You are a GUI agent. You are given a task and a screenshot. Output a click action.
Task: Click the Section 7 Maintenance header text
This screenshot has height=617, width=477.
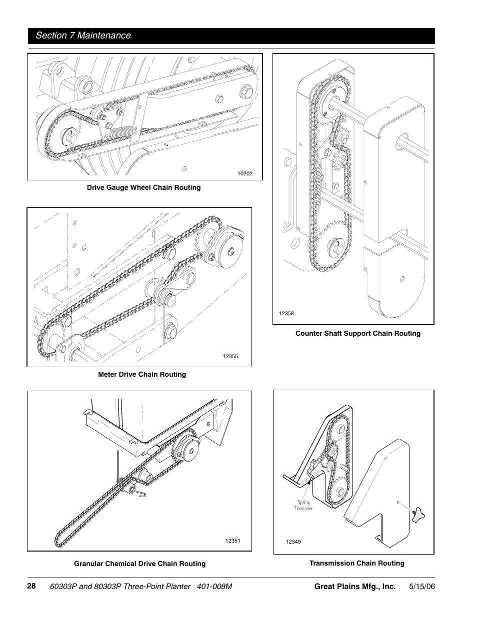pyautogui.click(x=83, y=35)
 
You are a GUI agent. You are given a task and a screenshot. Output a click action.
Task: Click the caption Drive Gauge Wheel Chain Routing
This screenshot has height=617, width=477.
pyautogui.click(x=143, y=187)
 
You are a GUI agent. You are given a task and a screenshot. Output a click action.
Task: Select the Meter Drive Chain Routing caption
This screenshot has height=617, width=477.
pyautogui.click(x=141, y=374)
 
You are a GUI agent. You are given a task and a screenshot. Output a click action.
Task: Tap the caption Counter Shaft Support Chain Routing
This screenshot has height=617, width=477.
pyautogui.click(x=357, y=333)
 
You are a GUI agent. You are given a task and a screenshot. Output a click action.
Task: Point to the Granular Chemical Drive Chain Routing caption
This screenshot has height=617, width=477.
pyautogui.click(x=139, y=564)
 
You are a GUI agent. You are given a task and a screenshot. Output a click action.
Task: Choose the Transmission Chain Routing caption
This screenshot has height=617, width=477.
pyautogui.click(x=356, y=563)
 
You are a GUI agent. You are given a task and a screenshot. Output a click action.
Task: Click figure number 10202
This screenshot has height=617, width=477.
pyautogui.click(x=244, y=174)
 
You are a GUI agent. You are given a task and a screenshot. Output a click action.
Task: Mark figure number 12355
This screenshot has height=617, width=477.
pyautogui.click(x=230, y=356)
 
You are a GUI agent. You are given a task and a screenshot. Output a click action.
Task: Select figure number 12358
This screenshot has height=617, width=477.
pyautogui.click(x=286, y=313)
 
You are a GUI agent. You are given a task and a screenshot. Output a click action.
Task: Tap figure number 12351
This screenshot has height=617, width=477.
pyautogui.click(x=232, y=541)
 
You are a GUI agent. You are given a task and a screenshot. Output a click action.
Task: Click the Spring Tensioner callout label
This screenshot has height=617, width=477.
pyautogui.click(x=303, y=505)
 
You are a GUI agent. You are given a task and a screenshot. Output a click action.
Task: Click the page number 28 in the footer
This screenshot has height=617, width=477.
pyautogui.click(x=32, y=586)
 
